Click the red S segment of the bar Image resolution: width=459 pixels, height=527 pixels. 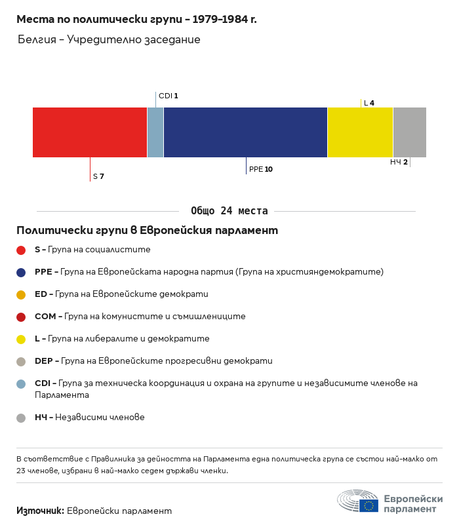90,132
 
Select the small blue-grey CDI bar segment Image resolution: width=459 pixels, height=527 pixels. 155,132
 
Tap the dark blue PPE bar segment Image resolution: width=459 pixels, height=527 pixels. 245,132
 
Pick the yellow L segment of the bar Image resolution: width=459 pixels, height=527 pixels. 360,132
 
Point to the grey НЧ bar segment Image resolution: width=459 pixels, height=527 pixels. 409,132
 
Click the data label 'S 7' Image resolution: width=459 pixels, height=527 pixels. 98,176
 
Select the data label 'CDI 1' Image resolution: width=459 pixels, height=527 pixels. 169,96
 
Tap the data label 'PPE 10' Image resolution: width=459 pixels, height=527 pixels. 260,169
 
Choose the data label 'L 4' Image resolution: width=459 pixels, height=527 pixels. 369,103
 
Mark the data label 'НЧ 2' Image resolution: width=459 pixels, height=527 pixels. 399,162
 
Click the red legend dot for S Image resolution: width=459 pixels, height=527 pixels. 21,250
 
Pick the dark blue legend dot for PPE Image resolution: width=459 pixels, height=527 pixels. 21,272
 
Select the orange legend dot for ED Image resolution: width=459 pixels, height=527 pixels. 21,294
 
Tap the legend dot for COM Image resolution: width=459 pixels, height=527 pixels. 21,317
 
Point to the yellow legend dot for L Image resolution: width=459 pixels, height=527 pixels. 21,339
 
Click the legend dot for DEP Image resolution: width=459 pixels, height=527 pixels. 21,361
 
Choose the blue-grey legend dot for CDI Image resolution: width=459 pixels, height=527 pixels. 21,383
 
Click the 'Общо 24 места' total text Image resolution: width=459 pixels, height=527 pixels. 229,211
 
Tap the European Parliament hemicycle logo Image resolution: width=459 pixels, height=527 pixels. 357,502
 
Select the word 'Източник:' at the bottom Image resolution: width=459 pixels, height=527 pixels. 40,511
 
